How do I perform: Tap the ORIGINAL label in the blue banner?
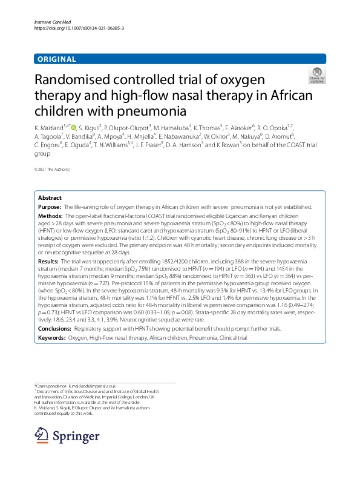[x=56, y=59]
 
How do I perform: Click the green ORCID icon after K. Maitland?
[x=74, y=127]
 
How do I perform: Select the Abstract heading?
[x=49, y=198]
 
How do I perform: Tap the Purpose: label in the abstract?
[x=50, y=207]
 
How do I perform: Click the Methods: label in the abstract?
[x=50, y=216]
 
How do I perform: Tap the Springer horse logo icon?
[x=41, y=435]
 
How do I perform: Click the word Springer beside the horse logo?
[x=76, y=435]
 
